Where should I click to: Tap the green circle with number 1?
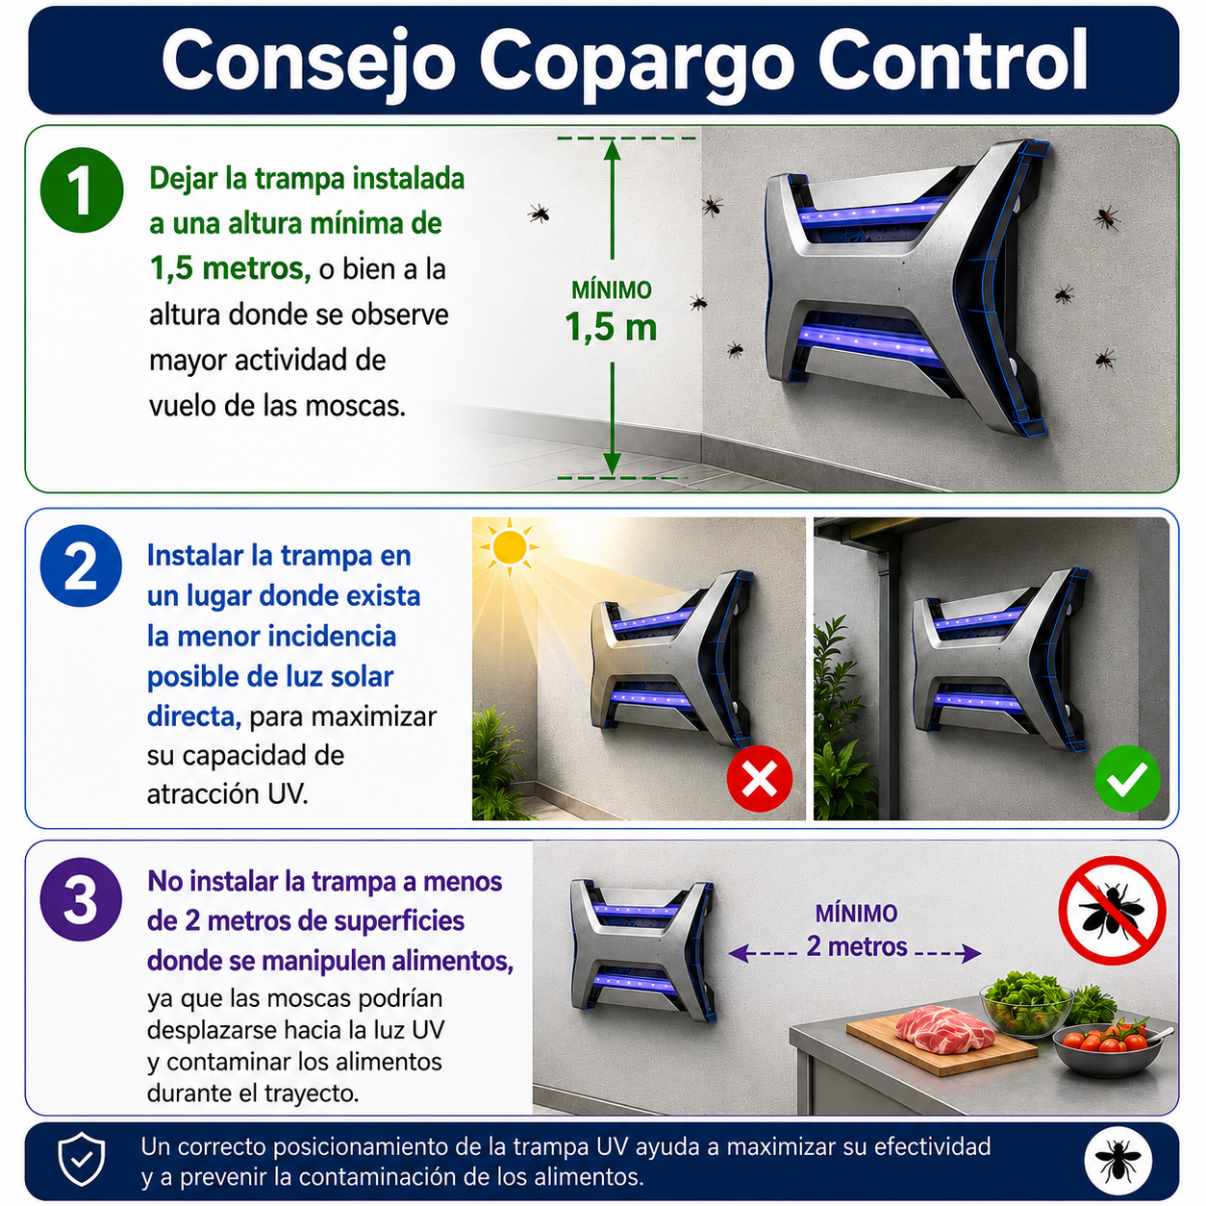[82, 190]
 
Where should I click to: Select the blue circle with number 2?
[81, 565]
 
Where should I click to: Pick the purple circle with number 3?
[81, 899]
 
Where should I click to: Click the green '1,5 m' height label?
[611, 326]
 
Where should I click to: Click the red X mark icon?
[759, 779]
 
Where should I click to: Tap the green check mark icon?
[1127, 779]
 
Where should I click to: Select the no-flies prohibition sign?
[1112, 911]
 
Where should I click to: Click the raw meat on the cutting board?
[944, 1026]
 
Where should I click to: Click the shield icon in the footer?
[82, 1159]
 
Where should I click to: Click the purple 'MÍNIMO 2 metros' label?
[856, 931]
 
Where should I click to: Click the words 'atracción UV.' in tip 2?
[228, 794]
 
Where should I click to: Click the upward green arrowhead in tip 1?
[612, 150]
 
